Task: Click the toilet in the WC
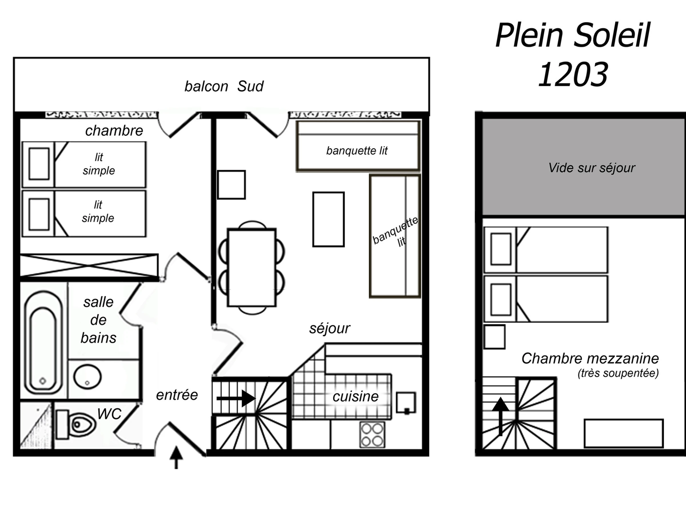[76, 424]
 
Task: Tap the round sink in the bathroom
[87, 377]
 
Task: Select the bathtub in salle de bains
[43, 342]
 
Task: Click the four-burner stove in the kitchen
[372, 434]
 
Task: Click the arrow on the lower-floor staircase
[236, 398]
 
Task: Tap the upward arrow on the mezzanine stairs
[500, 416]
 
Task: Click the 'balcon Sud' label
[224, 86]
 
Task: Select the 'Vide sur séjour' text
[592, 168]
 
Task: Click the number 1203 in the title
[573, 74]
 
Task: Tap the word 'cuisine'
[355, 397]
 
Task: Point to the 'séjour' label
[330, 328]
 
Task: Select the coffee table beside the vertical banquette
[328, 219]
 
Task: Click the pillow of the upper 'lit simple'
[39, 164]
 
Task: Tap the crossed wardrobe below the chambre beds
[89, 265]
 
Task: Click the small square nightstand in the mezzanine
[494, 337]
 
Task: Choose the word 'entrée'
[177, 395]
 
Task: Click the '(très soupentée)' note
[618, 373]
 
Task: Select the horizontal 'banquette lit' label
[357, 151]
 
